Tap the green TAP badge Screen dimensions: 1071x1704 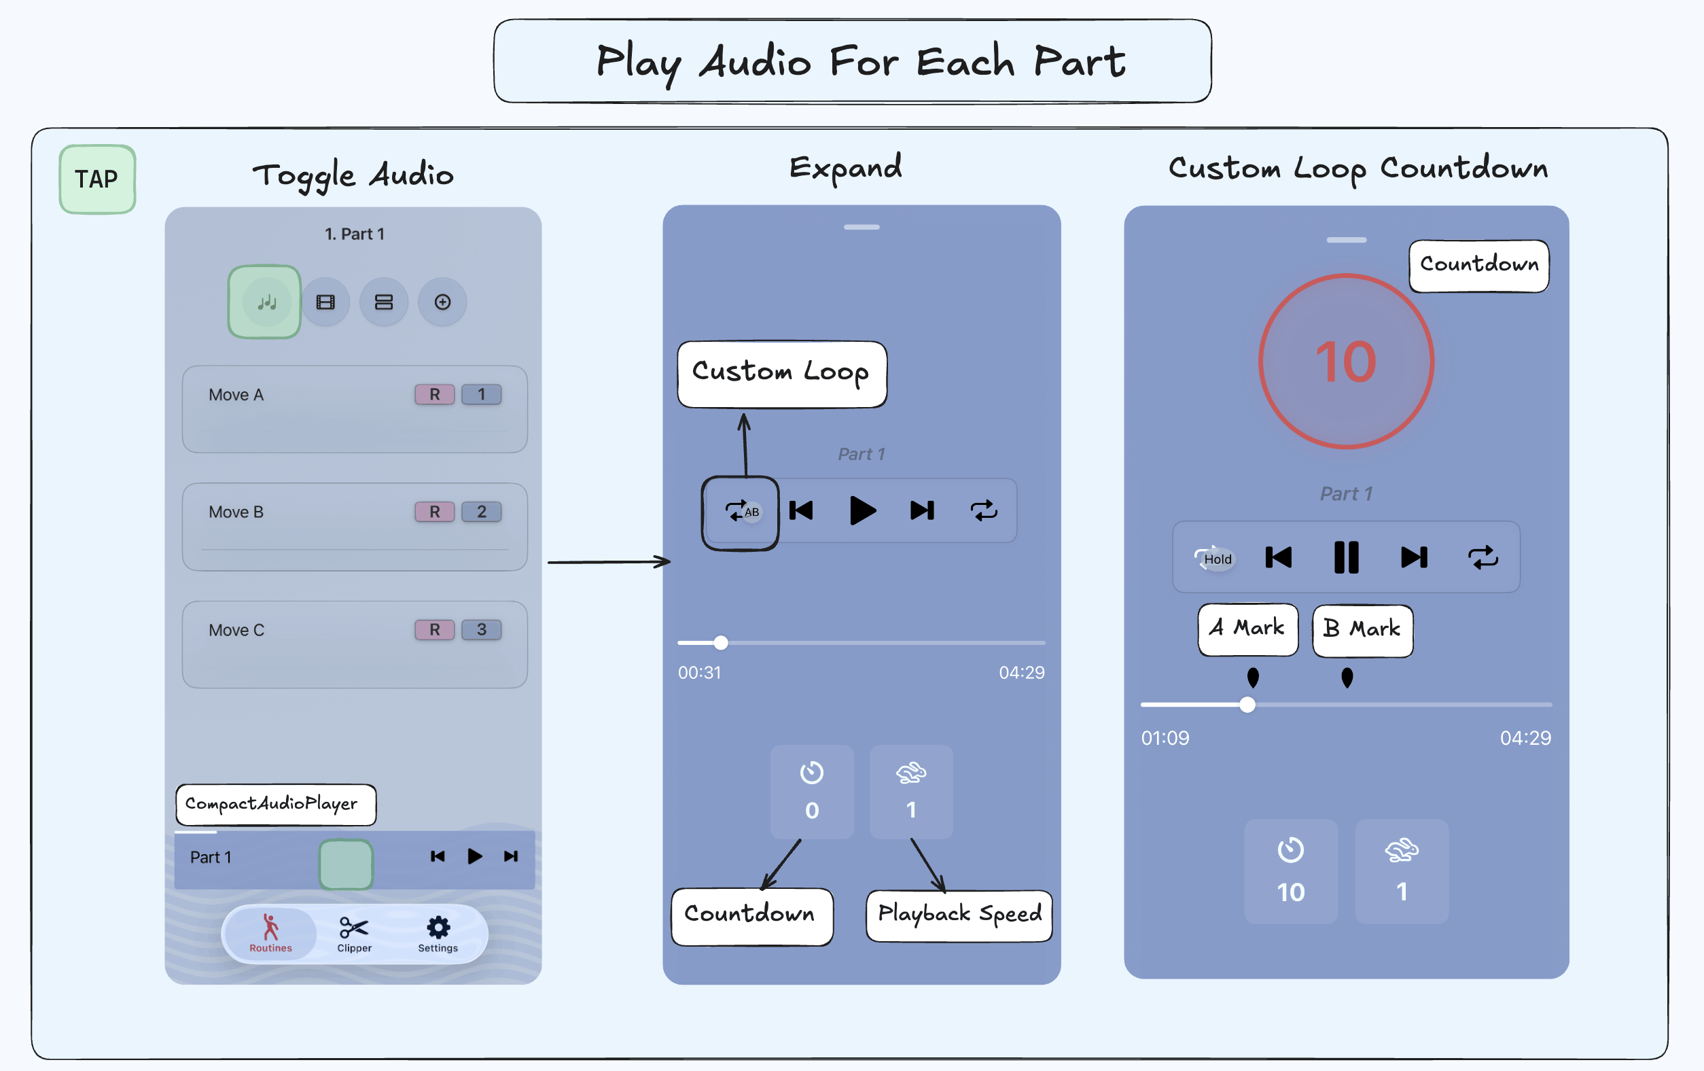click(97, 179)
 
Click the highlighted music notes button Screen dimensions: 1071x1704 click(265, 302)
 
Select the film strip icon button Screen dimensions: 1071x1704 click(325, 302)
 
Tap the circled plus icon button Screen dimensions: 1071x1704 click(442, 302)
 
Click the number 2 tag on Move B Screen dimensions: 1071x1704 click(481, 511)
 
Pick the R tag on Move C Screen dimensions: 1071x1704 click(434, 629)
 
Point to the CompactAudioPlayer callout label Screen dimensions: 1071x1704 click(275, 804)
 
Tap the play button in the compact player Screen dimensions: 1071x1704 click(474, 856)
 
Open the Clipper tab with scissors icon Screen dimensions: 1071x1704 click(354, 934)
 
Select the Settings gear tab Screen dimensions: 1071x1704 click(438, 934)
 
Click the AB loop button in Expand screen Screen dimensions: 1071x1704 click(741, 511)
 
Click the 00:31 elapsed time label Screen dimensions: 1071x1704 click(699, 673)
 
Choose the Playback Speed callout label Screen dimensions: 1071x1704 click(959, 915)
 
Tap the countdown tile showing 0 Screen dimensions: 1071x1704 click(812, 792)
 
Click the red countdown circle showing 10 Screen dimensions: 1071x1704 click(1345, 362)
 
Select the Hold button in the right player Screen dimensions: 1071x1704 click(1214, 559)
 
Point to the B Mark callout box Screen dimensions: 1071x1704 click(1362, 629)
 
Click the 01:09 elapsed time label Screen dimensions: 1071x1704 click(1165, 737)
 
